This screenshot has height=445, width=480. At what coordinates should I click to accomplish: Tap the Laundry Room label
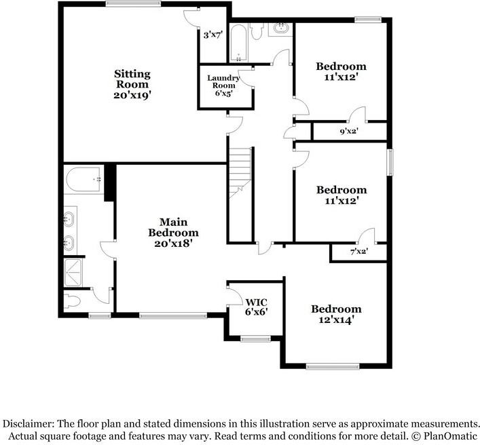(221, 81)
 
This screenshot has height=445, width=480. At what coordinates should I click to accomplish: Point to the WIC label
(255, 302)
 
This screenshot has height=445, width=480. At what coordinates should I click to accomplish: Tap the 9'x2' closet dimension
(349, 132)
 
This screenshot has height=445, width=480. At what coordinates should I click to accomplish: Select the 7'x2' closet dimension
(357, 252)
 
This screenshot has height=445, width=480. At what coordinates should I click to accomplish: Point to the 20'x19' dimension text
(132, 96)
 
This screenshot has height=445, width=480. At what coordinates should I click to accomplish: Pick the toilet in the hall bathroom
(257, 31)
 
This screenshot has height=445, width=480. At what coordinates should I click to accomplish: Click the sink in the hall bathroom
(280, 29)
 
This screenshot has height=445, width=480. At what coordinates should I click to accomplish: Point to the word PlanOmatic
(449, 435)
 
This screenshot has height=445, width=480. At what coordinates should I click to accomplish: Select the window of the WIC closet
(255, 338)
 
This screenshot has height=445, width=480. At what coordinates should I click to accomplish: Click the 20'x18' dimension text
(174, 243)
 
